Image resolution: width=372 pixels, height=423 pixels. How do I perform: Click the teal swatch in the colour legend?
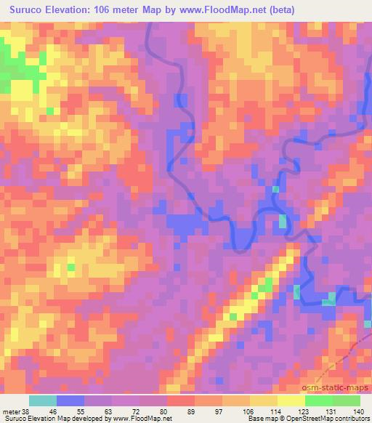[43, 400]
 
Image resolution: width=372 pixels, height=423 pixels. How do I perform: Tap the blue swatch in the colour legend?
[70, 400]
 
